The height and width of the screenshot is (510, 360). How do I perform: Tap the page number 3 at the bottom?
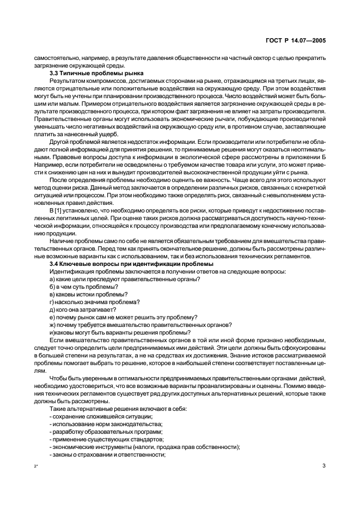pos(324,465)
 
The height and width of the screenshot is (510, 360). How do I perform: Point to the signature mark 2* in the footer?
pos(36,466)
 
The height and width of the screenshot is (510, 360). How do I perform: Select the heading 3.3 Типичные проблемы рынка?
pos(89,73)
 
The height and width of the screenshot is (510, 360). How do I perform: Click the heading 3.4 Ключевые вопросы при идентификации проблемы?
pos(127,264)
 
